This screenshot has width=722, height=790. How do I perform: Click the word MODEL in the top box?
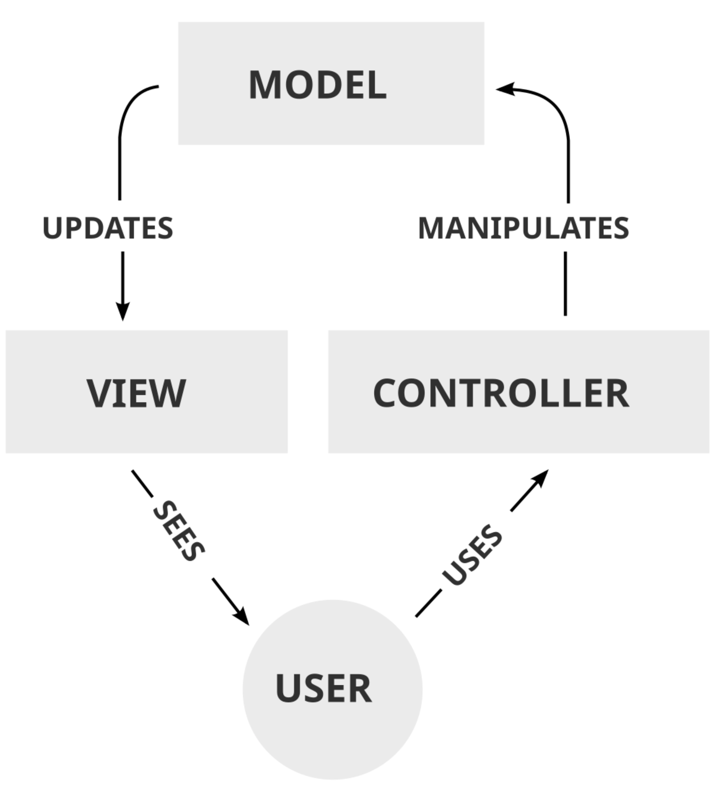318,85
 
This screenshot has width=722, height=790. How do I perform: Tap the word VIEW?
136,393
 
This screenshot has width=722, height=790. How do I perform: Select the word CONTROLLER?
501,393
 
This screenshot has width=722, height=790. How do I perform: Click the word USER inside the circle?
324,688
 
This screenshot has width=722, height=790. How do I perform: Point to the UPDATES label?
108,228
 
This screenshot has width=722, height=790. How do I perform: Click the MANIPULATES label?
524,228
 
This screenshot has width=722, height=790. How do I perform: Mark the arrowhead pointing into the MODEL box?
505,89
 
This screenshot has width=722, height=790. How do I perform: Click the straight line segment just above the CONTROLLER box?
565,284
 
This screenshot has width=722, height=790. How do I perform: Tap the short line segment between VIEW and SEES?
142,484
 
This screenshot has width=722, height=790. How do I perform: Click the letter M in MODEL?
265,85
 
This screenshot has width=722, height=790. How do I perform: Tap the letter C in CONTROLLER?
386,393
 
